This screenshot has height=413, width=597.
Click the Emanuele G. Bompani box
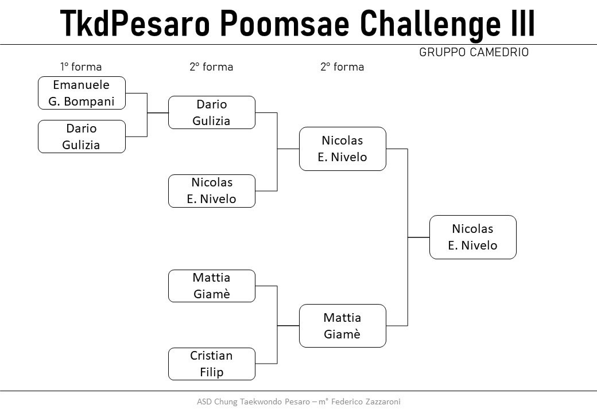point(82,93)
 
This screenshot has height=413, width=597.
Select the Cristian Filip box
point(212,364)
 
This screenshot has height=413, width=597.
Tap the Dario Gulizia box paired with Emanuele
point(82,137)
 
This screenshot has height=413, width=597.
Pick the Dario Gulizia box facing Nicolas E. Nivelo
point(212,112)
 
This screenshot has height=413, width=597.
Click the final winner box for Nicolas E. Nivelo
point(473,237)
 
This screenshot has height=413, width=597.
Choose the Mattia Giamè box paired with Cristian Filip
point(212,286)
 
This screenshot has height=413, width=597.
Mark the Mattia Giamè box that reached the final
point(343,326)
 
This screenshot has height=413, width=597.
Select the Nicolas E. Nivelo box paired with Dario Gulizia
point(212,191)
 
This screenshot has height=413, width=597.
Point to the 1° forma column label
point(81,67)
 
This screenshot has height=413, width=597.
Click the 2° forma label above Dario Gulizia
point(211,67)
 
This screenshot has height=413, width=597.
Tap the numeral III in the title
point(522,22)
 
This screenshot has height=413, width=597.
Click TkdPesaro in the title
point(135,23)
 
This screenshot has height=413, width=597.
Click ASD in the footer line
point(204,402)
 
